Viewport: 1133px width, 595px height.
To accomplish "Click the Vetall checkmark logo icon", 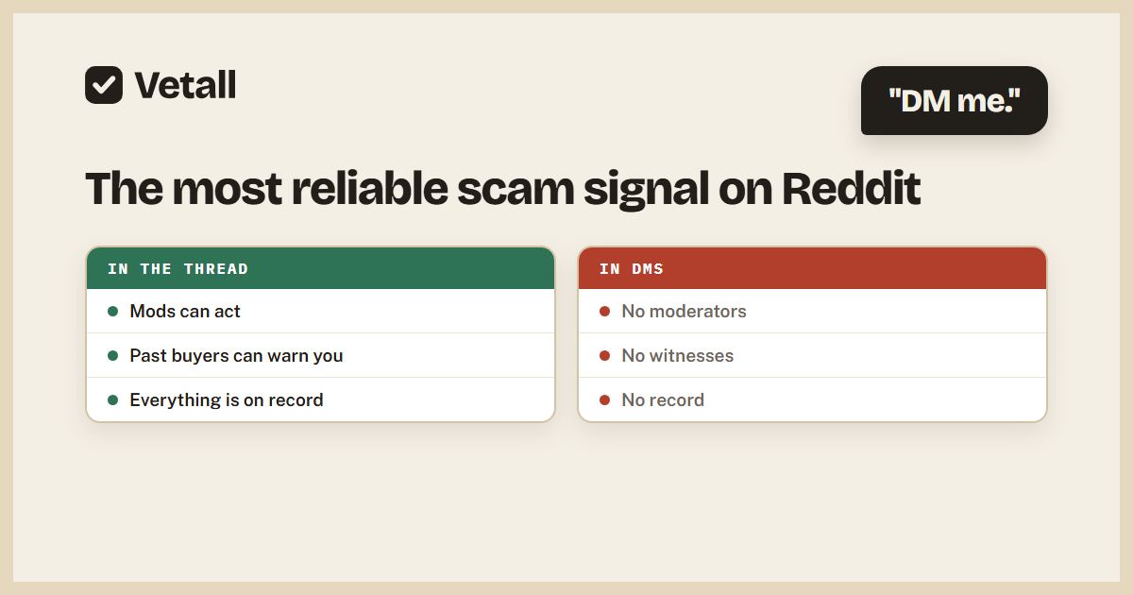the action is [x=104, y=85].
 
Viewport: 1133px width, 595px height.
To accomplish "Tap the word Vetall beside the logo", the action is [x=185, y=85].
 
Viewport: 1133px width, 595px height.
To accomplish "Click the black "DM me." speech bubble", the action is [x=954, y=101].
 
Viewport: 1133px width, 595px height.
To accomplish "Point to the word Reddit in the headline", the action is [x=852, y=189].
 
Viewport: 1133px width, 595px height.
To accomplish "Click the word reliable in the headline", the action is [x=370, y=189].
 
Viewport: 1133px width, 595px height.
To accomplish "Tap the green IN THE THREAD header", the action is [x=321, y=268].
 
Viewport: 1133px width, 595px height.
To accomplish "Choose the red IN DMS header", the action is [x=812, y=268].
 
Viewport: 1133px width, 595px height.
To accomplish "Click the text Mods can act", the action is [x=185, y=311].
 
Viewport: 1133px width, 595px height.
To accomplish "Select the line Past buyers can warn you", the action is [x=236, y=356].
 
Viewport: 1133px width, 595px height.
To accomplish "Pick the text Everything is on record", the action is [x=227, y=400].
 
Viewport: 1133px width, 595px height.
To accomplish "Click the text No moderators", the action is [x=684, y=311].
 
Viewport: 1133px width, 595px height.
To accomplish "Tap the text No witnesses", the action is [x=677, y=356].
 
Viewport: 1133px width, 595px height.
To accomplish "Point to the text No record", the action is [x=663, y=400].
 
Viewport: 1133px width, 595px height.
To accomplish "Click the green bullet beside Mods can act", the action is [x=112, y=311].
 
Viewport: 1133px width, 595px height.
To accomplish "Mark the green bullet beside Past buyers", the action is [x=112, y=356].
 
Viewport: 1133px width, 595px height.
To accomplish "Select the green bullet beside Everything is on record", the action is [x=112, y=400].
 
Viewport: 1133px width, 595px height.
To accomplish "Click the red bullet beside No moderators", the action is [x=604, y=311].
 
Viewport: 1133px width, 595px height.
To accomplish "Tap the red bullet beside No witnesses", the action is [x=604, y=356].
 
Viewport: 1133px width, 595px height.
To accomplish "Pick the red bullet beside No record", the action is [x=604, y=400].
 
